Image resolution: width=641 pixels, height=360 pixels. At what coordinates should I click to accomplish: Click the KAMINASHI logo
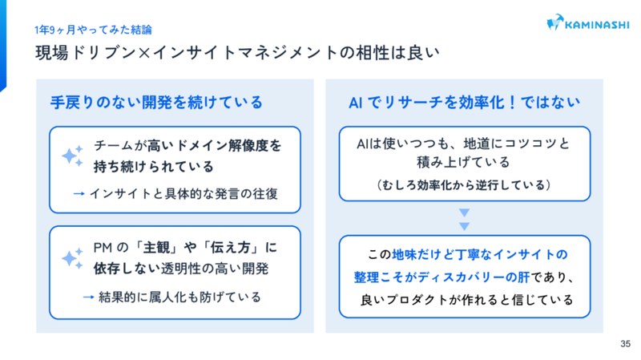point(588,23)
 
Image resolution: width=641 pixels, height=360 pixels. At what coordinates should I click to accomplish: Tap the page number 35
point(625,344)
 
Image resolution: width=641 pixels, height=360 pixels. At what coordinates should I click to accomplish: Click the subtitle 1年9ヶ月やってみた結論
point(93,30)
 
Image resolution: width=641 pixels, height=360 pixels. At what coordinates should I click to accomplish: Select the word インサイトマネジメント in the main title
point(245,53)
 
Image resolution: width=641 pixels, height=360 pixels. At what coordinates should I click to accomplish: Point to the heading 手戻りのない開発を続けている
point(156,103)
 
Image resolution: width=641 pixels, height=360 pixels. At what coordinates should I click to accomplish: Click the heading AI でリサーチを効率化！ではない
point(465,103)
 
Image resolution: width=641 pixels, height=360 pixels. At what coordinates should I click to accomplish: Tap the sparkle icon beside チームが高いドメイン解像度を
point(72,156)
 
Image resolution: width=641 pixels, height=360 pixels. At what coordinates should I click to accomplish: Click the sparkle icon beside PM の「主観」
point(72,258)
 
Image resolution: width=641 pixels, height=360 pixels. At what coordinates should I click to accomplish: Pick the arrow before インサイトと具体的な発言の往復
point(79,193)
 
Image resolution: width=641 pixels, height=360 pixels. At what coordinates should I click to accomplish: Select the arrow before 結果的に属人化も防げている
point(89,297)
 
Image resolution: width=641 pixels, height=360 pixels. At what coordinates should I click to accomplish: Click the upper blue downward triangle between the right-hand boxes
point(465,212)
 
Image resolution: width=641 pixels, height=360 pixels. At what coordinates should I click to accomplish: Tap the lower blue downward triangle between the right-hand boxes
point(465,226)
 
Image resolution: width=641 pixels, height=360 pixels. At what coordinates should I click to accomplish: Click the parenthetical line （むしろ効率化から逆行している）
point(465,185)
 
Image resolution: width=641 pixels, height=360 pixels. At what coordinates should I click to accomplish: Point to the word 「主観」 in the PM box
point(156,248)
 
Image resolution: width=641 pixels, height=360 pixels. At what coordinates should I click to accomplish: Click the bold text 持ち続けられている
point(154,167)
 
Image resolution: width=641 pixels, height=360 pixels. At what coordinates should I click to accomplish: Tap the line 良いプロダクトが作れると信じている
point(466,300)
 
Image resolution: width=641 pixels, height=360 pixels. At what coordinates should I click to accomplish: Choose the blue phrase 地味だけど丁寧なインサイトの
point(480,254)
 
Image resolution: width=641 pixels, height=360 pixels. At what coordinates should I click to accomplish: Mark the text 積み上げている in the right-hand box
point(463,163)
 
